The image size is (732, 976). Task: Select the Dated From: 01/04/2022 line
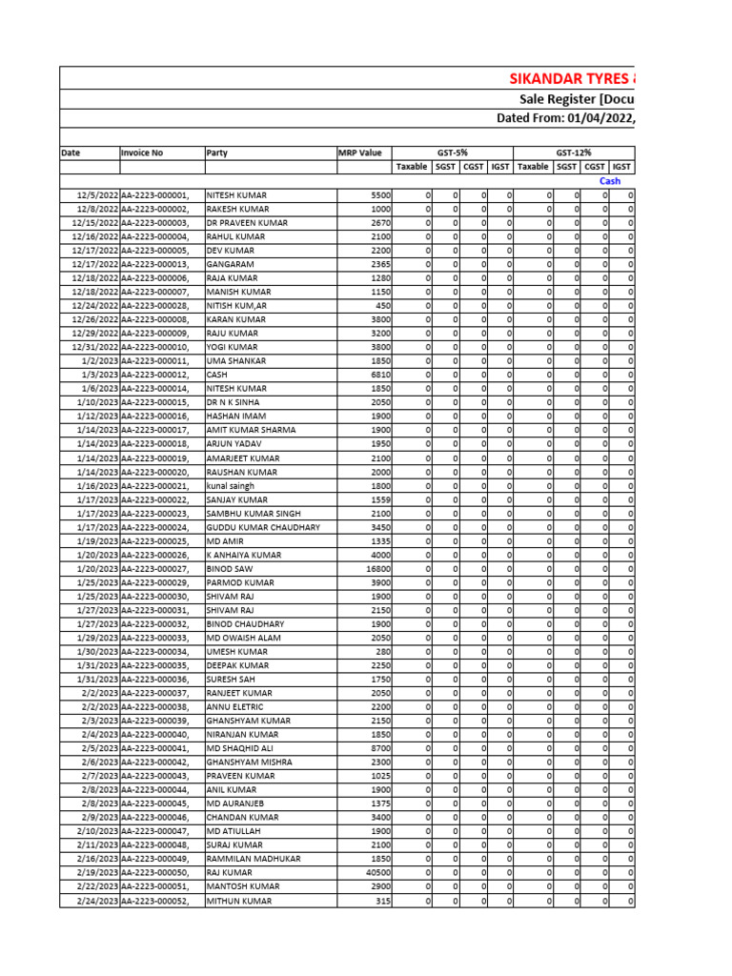(566, 118)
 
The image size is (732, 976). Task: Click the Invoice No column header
(142, 152)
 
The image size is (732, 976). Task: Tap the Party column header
(217, 152)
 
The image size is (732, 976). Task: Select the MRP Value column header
(359, 152)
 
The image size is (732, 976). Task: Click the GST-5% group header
(453, 152)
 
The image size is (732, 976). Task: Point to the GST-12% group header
(574, 152)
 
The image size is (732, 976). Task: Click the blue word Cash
(610, 181)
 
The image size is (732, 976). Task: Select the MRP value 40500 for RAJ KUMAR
(377, 873)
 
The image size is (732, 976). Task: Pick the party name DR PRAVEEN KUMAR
(247, 223)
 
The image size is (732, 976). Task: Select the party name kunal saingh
(231, 486)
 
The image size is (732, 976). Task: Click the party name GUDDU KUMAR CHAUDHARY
(263, 527)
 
